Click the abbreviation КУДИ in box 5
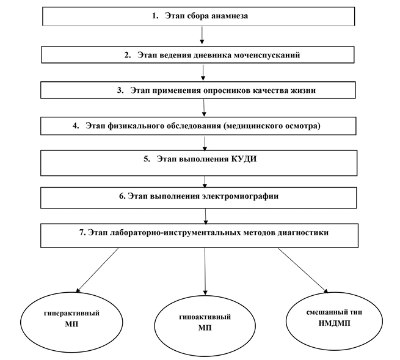(244, 159)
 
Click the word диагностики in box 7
(303, 233)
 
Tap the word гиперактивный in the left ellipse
(71, 314)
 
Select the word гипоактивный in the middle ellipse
(205, 317)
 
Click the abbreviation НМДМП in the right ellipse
(335, 323)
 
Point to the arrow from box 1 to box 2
(202, 35)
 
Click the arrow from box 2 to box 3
(203, 73)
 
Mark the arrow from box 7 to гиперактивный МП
(98, 270)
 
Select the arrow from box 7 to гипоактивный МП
(205, 271)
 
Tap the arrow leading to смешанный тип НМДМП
(303, 270)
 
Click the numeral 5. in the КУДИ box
(147, 159)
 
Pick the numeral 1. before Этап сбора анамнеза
(155, 16)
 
